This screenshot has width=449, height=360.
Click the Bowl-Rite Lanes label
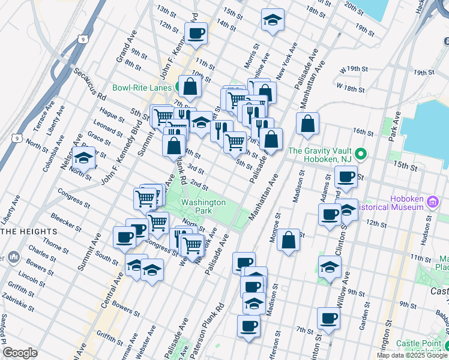[142, 88]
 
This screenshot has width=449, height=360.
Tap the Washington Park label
[203, 207]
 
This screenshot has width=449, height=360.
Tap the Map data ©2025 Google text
[412, 355]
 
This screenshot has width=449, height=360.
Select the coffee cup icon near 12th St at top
[197, 33]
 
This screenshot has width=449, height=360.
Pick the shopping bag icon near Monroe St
[289, 239]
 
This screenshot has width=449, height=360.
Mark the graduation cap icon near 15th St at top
[272, 20]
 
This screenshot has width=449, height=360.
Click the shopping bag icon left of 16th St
[307, 124]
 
